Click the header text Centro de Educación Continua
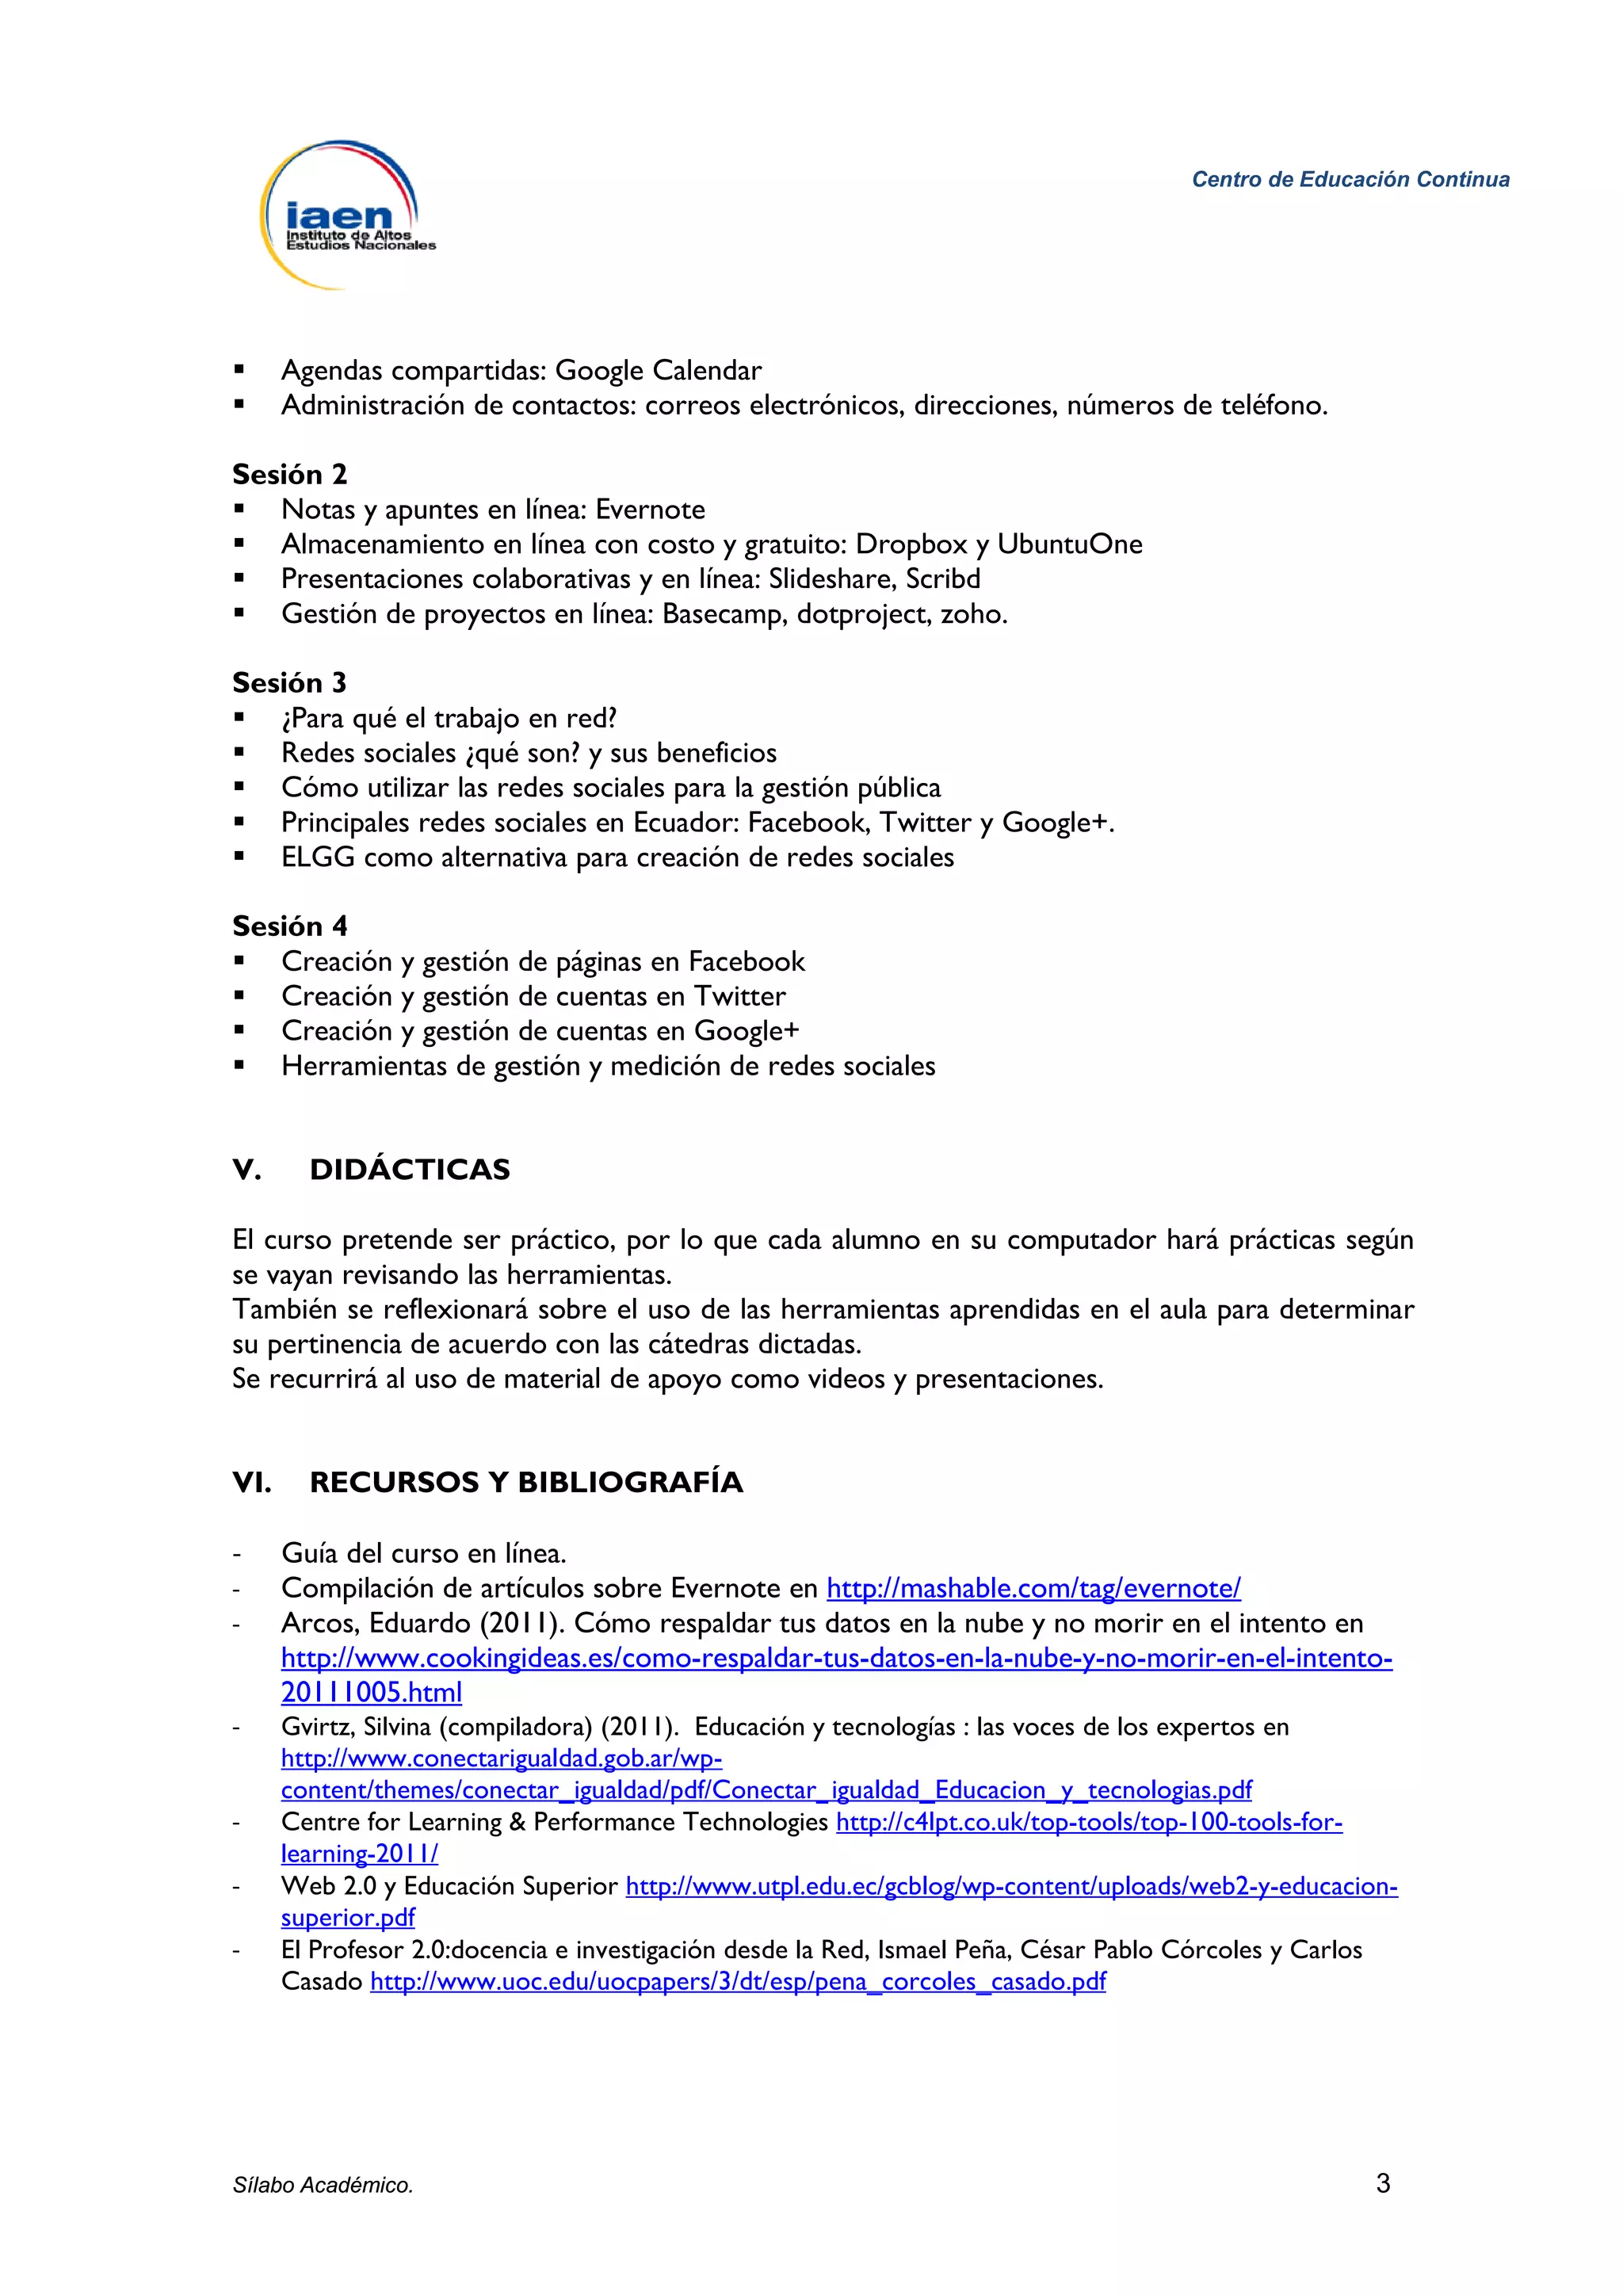tap(1350, 180)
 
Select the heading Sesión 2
tap(288, 475)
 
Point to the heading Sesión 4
tap(288, 926)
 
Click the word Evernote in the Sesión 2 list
tap(650, 510)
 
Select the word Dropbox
tap(911, 544)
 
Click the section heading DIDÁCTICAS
tap(410, 1170)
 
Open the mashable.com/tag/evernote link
tap(1033, 1588)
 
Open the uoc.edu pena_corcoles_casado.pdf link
tap(738, 1981)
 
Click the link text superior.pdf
tap(348, 1917)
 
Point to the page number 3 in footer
tap(1383, 2184)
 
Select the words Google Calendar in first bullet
tap(658, 371)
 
